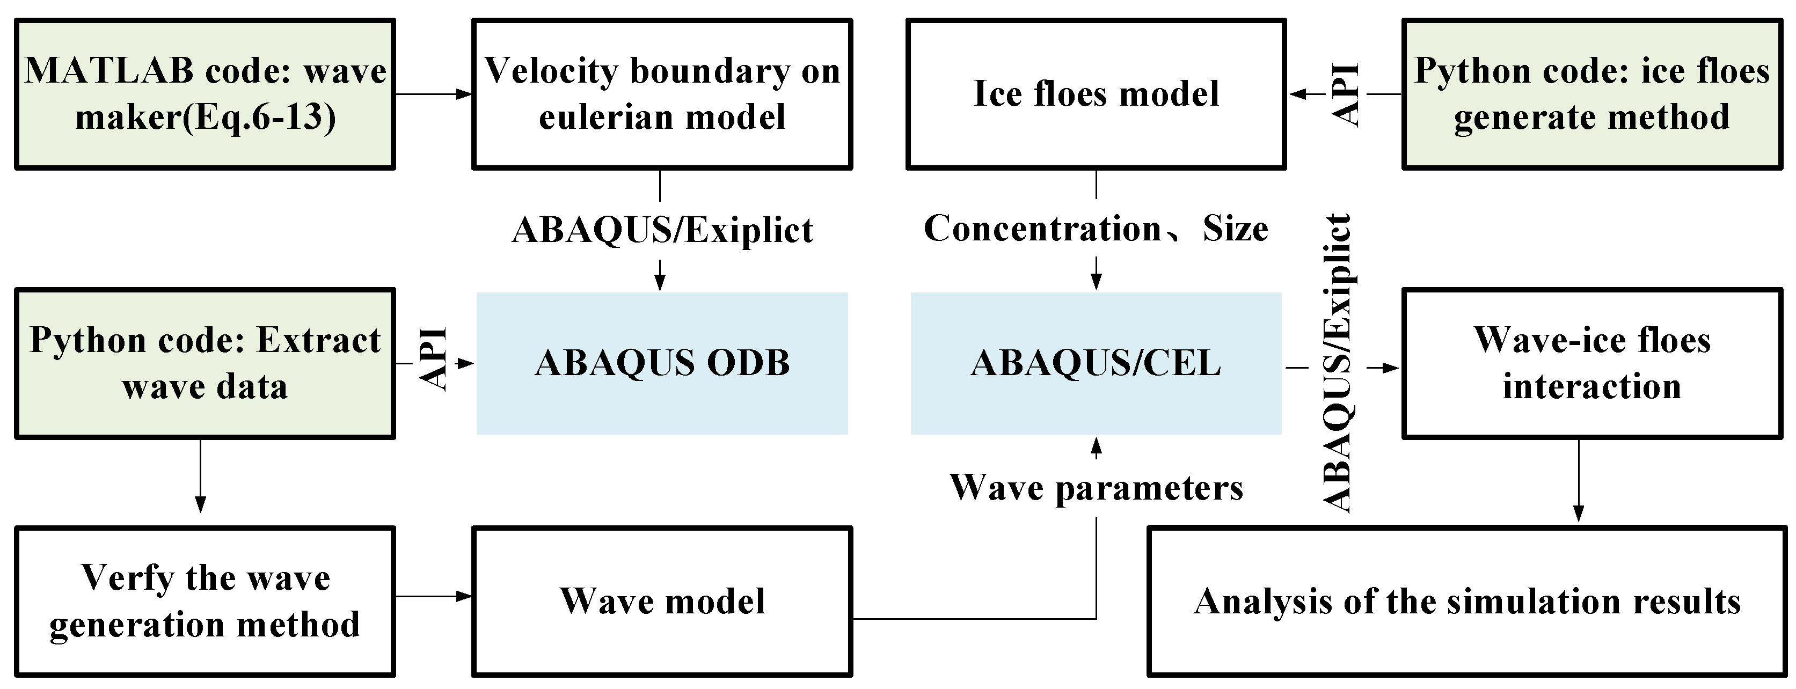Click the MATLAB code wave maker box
[x=205, y=94]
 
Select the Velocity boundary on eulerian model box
[x=662, y=94]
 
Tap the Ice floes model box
[x=1096, y=94]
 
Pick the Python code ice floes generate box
[x=1591, y=94]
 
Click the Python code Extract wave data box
[x=205, y=363]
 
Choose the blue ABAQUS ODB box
[x=662, y=363]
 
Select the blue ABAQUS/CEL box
[x=1096, y=363]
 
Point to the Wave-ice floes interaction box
[x=1591, y=363]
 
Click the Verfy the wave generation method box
[x=205, y=601]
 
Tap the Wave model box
[x=662, y=601]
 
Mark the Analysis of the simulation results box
[x=1467, y=601]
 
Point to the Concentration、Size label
[x=1096, y=229]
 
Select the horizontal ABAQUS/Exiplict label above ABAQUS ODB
[x=662, y=230]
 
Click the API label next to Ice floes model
[x=1346, y=94]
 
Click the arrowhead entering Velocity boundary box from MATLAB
[x=464, y=94]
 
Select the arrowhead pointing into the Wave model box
[x=464, y=596]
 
